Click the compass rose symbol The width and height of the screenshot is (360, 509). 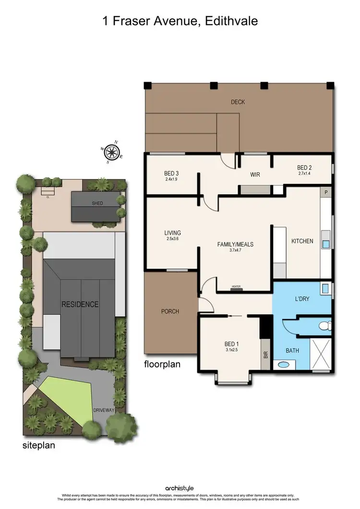click(x=112, y=152)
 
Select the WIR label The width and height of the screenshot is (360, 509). click(x=255, y=175)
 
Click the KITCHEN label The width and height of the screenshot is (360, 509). click(x=302, y=241)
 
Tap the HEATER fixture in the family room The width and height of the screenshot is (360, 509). click(x=236, y=288)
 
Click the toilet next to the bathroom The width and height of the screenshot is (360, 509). click(x=325, y=326)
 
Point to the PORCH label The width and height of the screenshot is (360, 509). click(x=170, y=311)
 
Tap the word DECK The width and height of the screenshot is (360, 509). click(x=238, y=102)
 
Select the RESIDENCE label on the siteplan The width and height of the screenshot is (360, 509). click(x=80, y=304)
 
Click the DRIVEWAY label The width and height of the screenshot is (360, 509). click(x=105, y=410)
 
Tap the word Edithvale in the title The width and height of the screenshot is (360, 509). click(x=232, y=22)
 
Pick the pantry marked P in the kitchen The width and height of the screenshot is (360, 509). click(x=326, y=192)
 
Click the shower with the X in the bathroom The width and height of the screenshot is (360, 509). click(x=320, y=354)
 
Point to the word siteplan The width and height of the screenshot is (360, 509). click(x=39, y=445)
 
